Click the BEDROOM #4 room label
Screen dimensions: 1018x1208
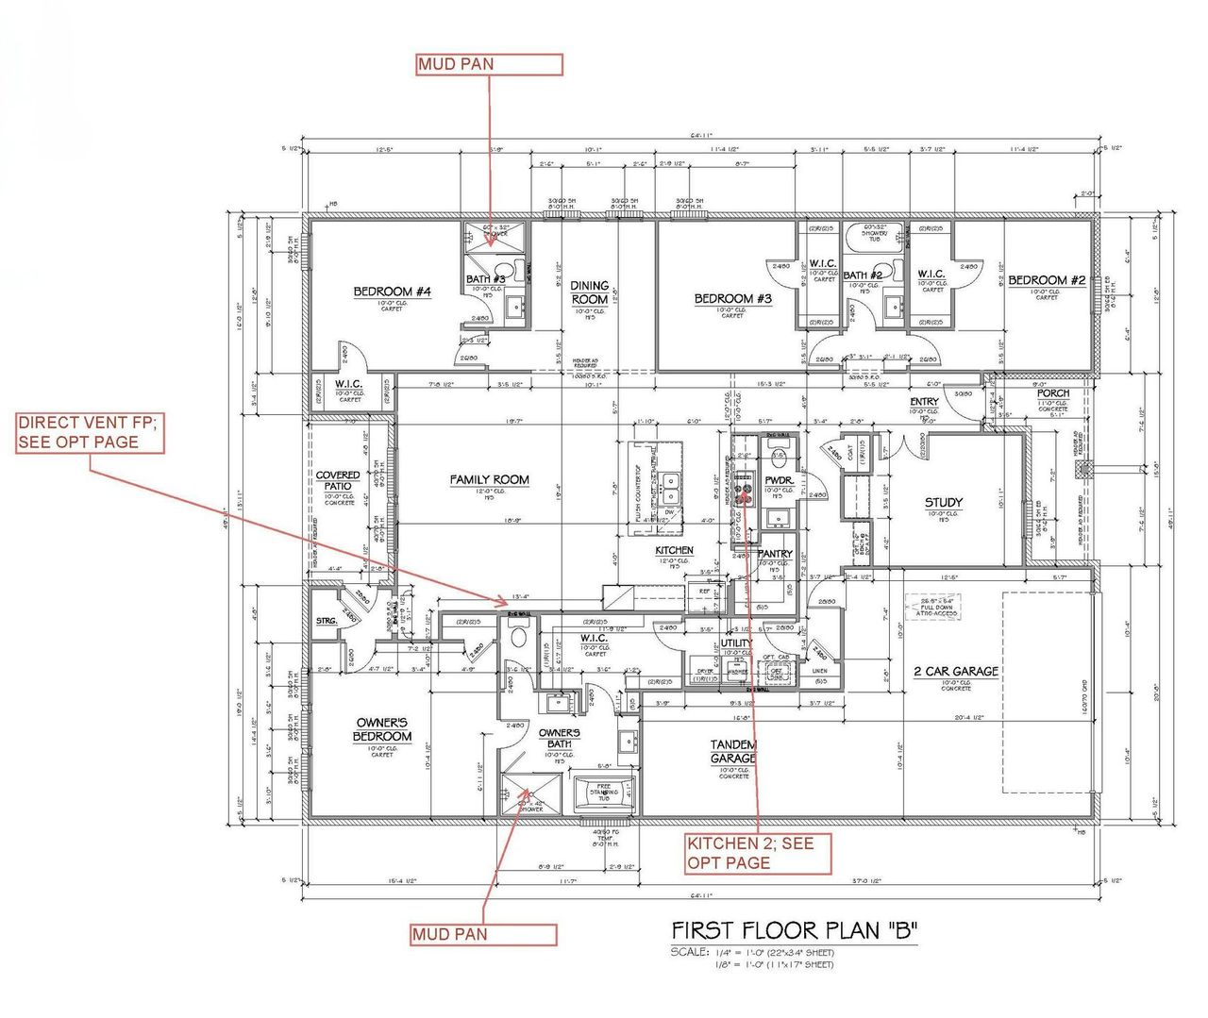pos(392,292)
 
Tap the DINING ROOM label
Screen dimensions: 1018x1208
pos(590,292)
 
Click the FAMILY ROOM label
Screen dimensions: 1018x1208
pos(489,480)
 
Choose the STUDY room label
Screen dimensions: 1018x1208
pos(943,503)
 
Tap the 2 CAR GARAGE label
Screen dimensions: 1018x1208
pos(955,672)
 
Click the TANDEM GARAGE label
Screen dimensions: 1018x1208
pos(733,752)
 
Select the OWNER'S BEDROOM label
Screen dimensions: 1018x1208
pos(382,729)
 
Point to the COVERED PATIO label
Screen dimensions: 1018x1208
pos(338,480)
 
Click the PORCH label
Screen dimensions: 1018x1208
pos(1053,393)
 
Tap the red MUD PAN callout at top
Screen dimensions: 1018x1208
pos(490,64)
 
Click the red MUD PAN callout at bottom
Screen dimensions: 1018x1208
pos(483,934)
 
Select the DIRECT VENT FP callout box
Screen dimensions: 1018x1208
pos(90,433)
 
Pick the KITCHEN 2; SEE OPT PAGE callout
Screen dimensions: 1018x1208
pos(758,853)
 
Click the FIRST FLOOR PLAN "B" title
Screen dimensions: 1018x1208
pos(794,931)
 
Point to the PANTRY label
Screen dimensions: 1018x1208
pos(775,554)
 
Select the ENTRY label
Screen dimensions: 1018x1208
pos(924,402)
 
